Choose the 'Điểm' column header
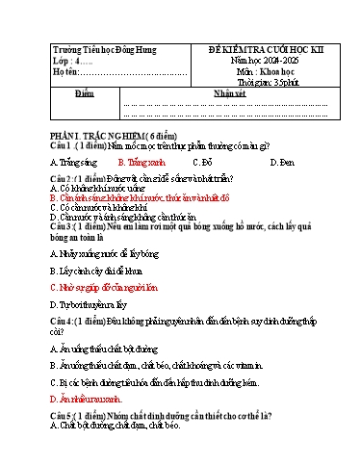tap(83, 91)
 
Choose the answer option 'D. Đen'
tap(280, 163)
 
